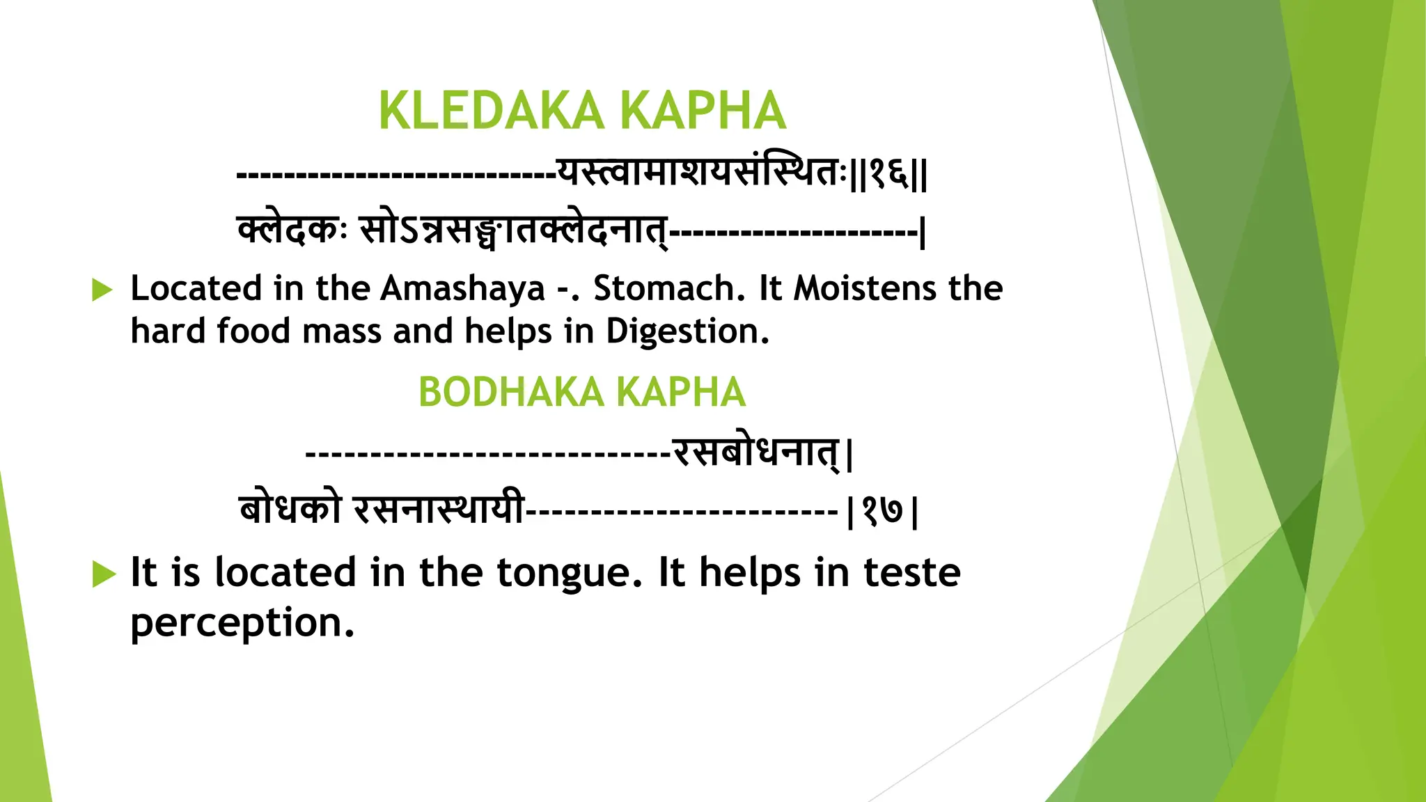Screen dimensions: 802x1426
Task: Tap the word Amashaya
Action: (x=462, y=288)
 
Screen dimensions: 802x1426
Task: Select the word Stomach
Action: (x=664, y=288)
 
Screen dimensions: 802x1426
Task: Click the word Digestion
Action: (x=687, y=331)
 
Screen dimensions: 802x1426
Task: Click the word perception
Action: (x=242, y=622)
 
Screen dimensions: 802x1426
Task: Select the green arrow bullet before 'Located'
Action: (x=102, y=290)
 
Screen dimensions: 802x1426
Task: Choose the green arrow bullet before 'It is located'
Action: (x=103, y=574)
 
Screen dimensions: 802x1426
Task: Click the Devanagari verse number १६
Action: (x=888, y=173)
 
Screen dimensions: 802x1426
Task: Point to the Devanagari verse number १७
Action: (x=882, y=512)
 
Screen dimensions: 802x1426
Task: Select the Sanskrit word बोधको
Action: (x=290, y=510)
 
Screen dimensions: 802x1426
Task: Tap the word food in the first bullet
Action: (x=253, y=331)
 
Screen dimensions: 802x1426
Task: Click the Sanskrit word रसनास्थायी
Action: (x=439, y=510)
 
